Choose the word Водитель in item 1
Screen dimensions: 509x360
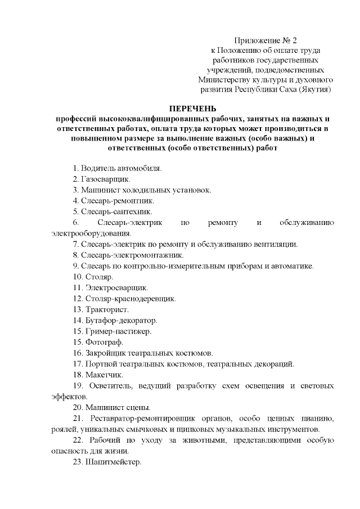pos(98,168)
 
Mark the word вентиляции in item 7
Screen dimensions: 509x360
pos(279,244)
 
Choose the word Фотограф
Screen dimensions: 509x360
pos(104,342)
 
